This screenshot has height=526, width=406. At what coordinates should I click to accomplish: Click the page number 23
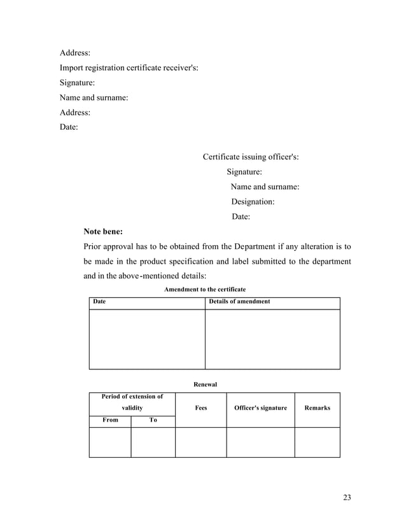coord(347,497)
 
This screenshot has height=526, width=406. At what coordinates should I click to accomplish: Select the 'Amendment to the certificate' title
coord(205,290)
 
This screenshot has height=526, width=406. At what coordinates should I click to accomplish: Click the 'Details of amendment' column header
coord(240,302)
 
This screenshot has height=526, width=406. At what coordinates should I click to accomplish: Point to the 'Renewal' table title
coord(205,385)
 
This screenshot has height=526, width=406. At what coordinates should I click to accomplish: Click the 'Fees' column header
coord(200,408)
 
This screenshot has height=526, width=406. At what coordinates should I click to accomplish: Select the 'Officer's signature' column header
coord(260,408)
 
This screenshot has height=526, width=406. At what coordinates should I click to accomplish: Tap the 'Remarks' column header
coord(317,408)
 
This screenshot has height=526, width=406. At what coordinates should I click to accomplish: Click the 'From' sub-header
coord(110,420)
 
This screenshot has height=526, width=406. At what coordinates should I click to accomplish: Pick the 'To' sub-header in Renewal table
coord(153,420)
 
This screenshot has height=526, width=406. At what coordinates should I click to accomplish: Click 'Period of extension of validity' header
coord(132,402)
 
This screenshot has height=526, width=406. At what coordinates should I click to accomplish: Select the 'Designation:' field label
coord(253,202)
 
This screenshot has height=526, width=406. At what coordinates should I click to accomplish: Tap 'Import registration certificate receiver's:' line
coord(129,68)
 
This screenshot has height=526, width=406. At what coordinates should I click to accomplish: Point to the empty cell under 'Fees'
coord(200,442)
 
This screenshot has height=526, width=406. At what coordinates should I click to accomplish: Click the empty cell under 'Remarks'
coord(317,442)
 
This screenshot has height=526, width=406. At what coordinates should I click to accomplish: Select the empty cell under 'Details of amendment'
coord(272,339)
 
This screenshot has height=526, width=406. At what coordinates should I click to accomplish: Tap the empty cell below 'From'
coord(110,442)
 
